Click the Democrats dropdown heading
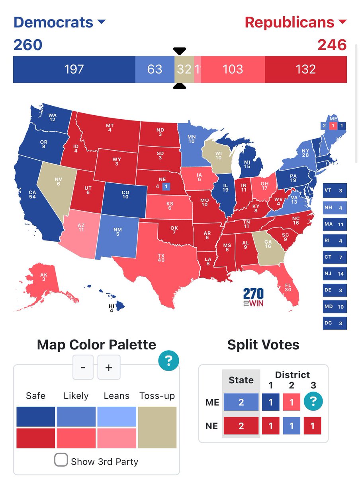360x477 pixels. pos(59,22)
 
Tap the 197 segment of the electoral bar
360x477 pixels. pos(74,70)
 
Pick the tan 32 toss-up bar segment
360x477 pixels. pos(184,70)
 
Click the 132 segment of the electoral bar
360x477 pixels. pos(305,70)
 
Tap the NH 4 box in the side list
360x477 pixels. pos(335,207)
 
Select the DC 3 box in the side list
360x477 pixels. pos(335,323)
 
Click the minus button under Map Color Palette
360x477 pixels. pos(83,367)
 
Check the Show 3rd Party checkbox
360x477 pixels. pos(61,460)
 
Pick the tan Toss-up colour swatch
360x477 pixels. pos(157,427)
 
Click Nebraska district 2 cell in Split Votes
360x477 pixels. pos(292,426)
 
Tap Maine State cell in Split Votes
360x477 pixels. pos(241,402)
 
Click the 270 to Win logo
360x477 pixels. pos(253,297)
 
